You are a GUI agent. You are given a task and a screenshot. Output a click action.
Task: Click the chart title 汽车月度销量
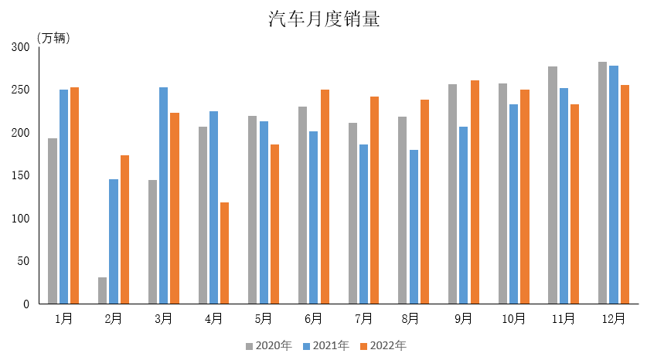click(x=324, y=19)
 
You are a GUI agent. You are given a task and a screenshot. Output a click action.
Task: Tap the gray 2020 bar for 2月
click(x=103, y=290)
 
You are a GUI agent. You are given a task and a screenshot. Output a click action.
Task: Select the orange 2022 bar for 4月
click(x=225, y=253)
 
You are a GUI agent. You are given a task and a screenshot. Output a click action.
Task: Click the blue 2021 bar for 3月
click(x=164, y=195)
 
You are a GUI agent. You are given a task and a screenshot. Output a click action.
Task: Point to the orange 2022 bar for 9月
click(x=475, y=192)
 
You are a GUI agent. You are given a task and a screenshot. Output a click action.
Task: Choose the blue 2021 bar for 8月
click(x=414, y=226)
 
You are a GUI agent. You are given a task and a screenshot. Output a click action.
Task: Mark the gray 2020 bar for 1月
click(x=53, y=221)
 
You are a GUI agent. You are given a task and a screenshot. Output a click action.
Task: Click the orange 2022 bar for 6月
click(x=325, y=196)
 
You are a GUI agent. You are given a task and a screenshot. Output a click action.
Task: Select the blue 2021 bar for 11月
click(x=564, y=195)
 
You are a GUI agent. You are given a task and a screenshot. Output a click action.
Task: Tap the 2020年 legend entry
click(x=268, y=345)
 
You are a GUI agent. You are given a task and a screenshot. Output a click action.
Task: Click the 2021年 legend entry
click(x=326, y=345)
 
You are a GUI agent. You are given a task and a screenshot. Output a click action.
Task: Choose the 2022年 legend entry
click(x=383, y=345)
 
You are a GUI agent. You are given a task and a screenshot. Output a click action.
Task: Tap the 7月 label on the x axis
click(x=363, y=318)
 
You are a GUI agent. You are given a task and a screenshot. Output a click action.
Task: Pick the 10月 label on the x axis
click(x=513, y=318)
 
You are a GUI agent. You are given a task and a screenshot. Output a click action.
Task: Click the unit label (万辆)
click(x=53, y=38)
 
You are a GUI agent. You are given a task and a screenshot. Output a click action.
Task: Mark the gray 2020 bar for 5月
click(x=253, y=209)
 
